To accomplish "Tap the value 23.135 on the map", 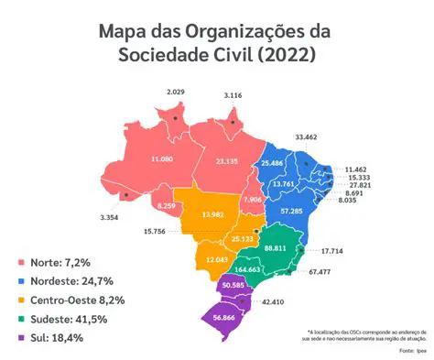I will (x=227, y=161).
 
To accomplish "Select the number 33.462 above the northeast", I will (x=307, y=136).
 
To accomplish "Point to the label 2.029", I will (x=177, y=92).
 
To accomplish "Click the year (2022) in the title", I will (x=285, y=55).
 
